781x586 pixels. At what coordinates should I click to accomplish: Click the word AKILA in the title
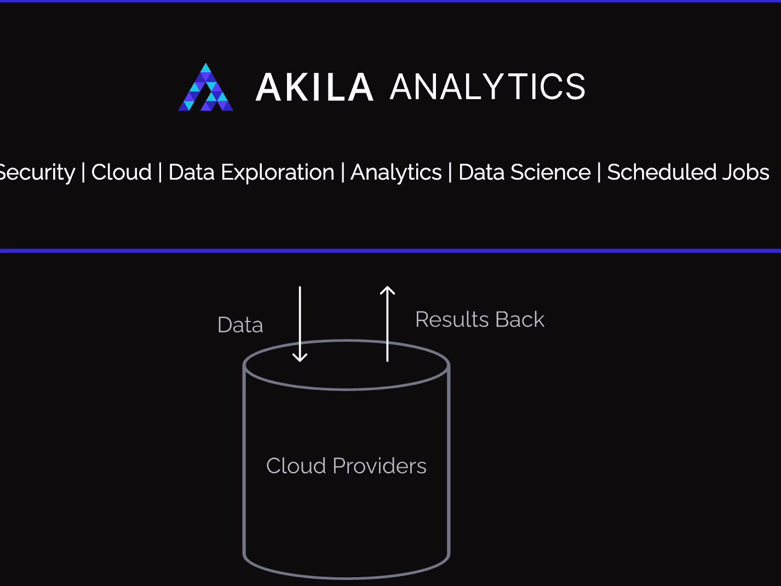[x=314, y=87]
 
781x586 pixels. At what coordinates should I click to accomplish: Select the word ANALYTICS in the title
[x=487, y=87]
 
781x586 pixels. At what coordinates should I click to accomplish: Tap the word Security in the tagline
[x=37, y=173]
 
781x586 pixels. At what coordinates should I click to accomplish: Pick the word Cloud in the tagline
[x=122, y=172]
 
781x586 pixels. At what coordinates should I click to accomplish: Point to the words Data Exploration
[x=251, y=173]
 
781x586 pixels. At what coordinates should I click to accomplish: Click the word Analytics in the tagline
[x=396, y=173]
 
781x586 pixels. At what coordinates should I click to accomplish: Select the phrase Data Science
[x=525, y=172]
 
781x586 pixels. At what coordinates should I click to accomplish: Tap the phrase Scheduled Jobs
[x=688, y=172]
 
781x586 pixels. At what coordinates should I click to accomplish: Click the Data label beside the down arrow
[x=240, y=325]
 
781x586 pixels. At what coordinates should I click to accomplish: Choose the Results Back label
[x=480, y=319]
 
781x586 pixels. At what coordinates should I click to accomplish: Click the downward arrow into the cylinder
[x=300, y=324]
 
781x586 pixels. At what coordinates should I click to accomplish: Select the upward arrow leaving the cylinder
[x=387, y=324]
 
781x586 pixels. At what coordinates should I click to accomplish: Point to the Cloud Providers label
[x=346, y=466]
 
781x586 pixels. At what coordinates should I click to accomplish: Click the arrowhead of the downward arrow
[x=300, y=361]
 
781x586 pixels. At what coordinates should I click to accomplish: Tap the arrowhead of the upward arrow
[x=387, y=287]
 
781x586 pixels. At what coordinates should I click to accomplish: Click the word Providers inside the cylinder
[x=380, y=466]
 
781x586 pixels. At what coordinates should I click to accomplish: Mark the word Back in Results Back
[x=520, y=319]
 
